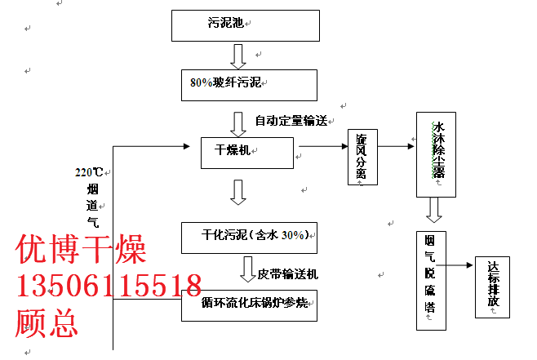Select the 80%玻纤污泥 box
point(249,84)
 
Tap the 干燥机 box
point(248,152)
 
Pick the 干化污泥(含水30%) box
point(248,236)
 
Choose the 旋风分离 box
point(362,158)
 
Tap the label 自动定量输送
point(291,122)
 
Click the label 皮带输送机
point(293,273)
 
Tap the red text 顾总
point(47,323)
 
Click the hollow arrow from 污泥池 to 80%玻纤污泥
point(238,56)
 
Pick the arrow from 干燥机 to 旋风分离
point(322,148)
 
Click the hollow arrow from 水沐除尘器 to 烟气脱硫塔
point(434,211)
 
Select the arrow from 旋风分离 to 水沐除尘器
point(395,148)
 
